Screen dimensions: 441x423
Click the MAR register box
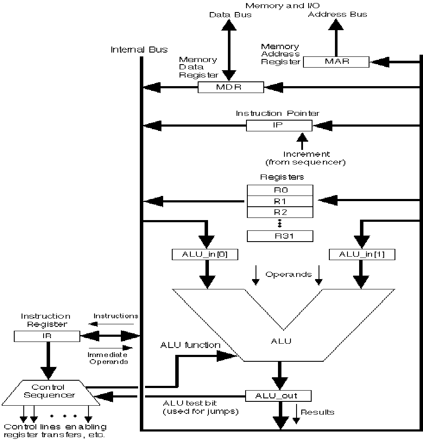click(336, 62)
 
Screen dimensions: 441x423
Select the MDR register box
click(230, 87)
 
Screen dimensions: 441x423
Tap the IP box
click(279, 126)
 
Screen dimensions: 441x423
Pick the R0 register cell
click(280, 190)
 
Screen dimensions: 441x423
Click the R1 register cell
click(280, 201)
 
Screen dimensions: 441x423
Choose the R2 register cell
click(280, 212)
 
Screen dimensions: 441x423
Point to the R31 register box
click(280, 236)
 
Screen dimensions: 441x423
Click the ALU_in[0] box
click(204, 255)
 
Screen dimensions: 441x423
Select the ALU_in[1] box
click(362, 255)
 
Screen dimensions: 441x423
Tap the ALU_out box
click(278, 395)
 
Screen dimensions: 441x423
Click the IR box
click(47, 336)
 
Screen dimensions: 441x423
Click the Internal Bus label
click(139, 49)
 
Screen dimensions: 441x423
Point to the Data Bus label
click(230, 15)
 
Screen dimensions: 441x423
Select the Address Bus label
click(338, 15)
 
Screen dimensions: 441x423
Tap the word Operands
click(288, 274)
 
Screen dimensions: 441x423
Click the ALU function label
click(190, 345)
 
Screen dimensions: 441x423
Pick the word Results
click(317, 412)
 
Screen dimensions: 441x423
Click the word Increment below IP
click(306, 154)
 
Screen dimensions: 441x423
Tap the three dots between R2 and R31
click(280, 224)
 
